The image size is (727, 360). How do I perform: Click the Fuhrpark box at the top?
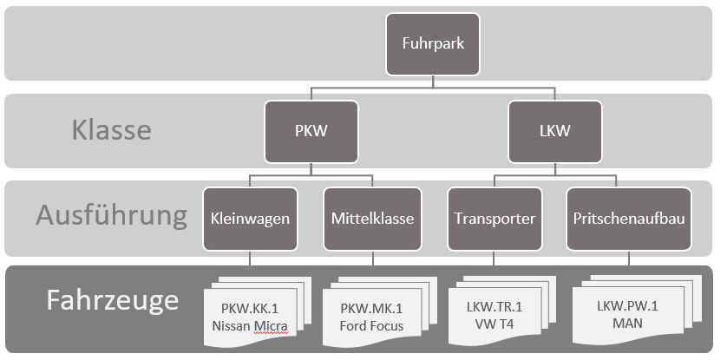coord(433,43)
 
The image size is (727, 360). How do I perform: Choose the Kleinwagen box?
coord(250,217)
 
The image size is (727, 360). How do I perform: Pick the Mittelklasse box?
coord(372,217)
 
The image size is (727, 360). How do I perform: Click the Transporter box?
coord(494,217)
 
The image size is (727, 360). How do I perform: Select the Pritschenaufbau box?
coord(629,217)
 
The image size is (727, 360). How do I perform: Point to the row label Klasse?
coord(111,131)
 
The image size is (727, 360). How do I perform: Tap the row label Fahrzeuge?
coord(112,300)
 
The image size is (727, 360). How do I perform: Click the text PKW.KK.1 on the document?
coord(249,309)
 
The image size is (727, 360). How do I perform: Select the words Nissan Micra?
coord(249,325)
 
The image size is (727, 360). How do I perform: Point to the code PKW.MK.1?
coord(371,309)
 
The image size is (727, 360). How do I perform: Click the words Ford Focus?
coord(371,325)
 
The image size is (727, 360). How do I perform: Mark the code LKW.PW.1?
coord(628,308)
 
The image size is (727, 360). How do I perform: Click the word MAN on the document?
coord(628,324)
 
